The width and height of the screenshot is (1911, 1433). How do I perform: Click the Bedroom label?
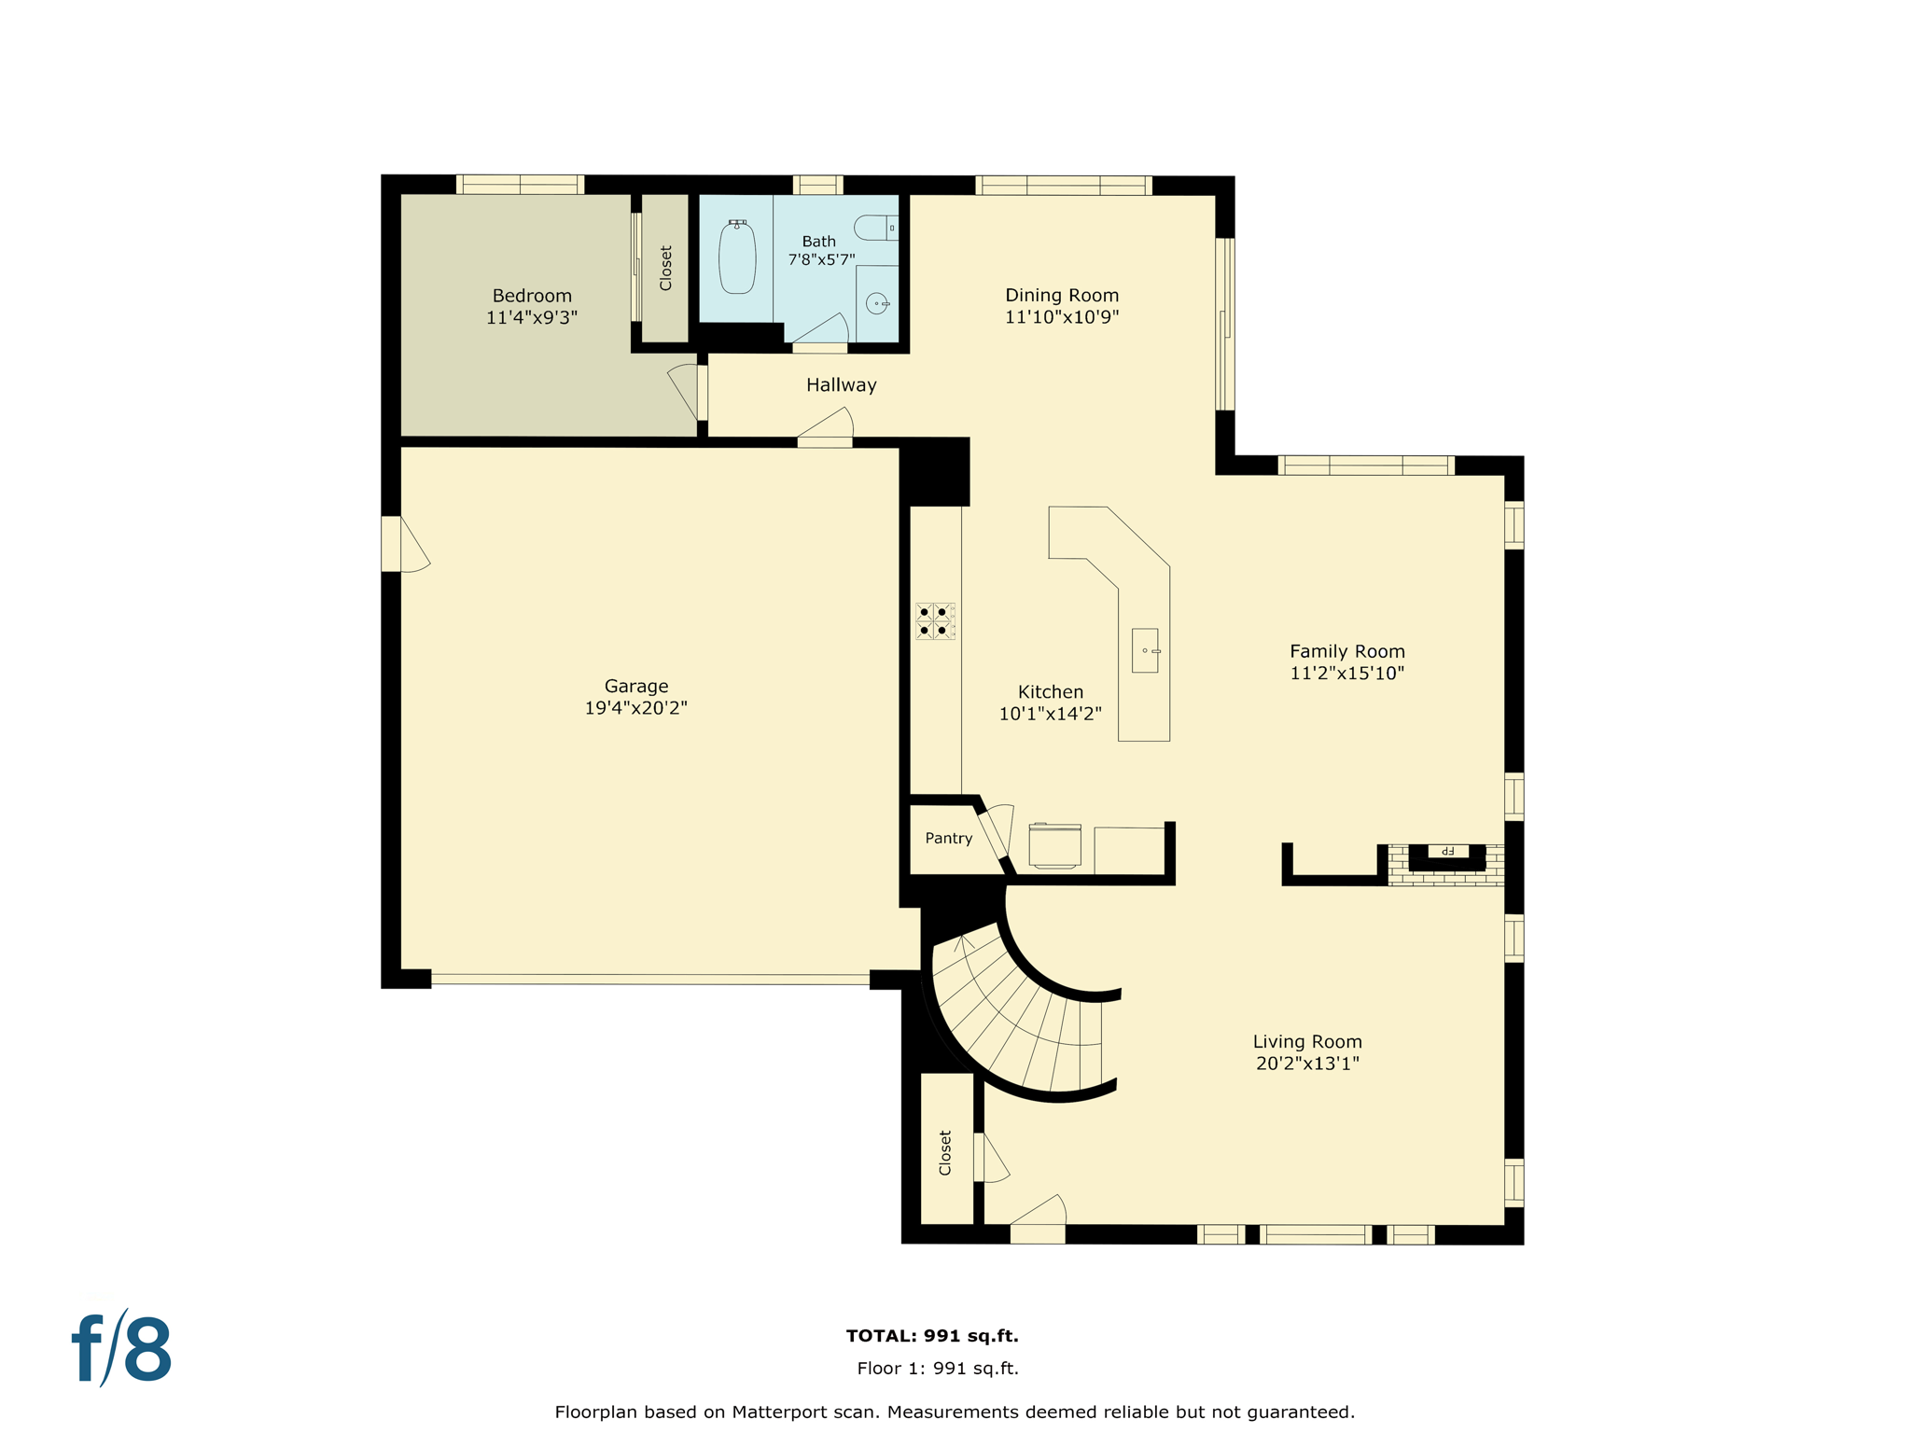[532, 296]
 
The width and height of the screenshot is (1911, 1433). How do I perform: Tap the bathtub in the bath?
[737, 257]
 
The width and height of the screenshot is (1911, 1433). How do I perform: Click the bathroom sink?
[877, 303]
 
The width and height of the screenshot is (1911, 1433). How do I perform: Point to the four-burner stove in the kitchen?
[934, 621]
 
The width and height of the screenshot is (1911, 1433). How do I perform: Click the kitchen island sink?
[1145, 650]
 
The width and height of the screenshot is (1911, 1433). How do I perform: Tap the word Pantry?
[948, 838]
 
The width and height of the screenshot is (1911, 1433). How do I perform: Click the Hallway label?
[841, 384]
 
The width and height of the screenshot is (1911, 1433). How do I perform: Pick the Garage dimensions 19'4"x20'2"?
[635, 708]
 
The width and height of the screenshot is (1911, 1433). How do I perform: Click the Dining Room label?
[1061, 295]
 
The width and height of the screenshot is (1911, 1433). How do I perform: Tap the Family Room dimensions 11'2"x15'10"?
[1346, 674]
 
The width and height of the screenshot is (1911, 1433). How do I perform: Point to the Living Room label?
[1306, 1041]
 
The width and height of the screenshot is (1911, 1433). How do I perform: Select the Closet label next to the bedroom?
[665, 268]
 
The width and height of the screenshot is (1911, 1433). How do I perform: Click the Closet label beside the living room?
[944, 1153]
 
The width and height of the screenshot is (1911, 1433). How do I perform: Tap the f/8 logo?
[121, 1349]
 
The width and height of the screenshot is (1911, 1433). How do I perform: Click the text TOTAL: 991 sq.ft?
[931, 1336]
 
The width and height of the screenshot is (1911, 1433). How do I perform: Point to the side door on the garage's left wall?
[392, 544]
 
